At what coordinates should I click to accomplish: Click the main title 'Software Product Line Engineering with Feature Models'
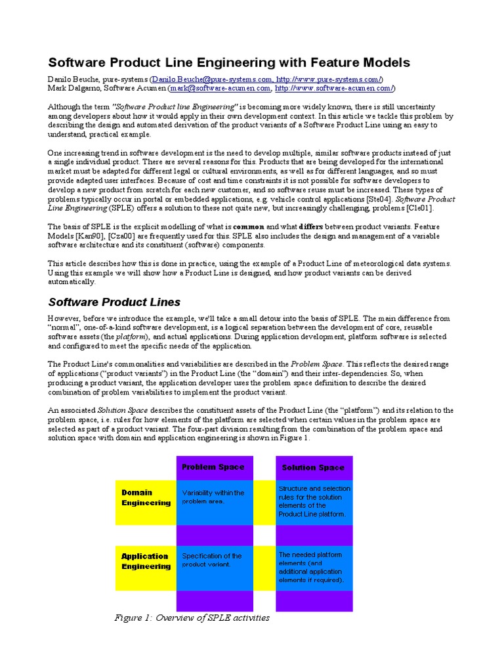point(229,62)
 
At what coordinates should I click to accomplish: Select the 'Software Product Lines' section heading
point(114,302)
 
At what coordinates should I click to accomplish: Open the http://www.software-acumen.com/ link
point(334,88)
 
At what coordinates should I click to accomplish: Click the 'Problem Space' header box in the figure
point(213,467)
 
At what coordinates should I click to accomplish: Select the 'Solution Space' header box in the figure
point(313,467)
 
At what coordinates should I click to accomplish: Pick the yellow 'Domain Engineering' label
point(146,498)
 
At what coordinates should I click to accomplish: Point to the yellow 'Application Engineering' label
point(146,561)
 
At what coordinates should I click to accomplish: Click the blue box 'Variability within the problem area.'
point(215,497)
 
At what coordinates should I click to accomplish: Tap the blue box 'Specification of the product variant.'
point(215,560)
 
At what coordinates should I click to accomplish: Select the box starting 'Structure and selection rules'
point(314,501)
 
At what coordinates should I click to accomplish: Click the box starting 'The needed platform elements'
point(314,568)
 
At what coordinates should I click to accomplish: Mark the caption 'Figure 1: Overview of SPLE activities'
point(192,618)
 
